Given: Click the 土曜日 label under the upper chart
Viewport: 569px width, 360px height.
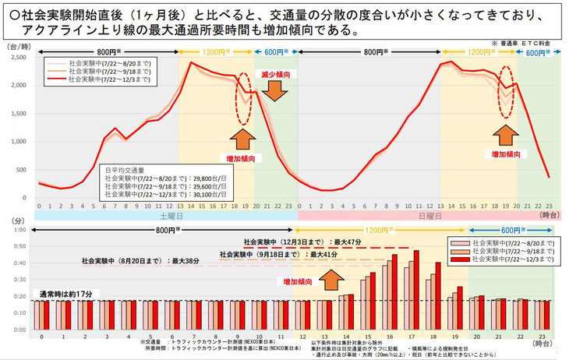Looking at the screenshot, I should coord(164,214).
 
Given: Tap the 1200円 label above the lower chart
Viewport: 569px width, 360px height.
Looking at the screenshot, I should coord(379,231).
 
